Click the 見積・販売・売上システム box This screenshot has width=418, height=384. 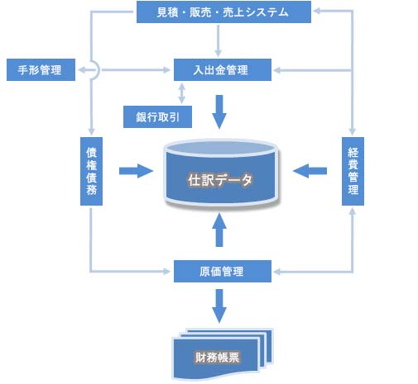[223, 12]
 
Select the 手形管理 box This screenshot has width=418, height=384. [41, 69]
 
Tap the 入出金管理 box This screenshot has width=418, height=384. [223, 69]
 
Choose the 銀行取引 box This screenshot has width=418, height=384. [157, 116]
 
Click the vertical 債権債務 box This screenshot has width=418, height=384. [91, 171]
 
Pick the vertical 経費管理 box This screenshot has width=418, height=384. [353, 171]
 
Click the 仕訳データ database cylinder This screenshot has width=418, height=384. [221, 174]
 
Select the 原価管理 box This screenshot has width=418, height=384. [223, 271]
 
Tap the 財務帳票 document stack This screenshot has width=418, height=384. [223, 354]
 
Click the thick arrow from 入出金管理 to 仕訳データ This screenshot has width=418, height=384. [219, 111]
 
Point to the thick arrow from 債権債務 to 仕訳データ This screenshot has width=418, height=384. [136, 171]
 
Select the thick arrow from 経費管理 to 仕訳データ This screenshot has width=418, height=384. [310, 171]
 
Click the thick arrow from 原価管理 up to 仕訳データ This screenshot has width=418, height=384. [219, 230]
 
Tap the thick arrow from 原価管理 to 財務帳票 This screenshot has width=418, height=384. [219, 306]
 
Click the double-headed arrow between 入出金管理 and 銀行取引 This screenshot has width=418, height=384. [181, 93]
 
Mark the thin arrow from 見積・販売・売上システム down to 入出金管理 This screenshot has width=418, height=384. [219, 40]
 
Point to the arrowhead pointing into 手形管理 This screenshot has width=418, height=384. [80, 70]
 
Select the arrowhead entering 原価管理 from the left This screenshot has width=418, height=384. [167, 272]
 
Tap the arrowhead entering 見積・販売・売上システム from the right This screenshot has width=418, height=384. [316, 11]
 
